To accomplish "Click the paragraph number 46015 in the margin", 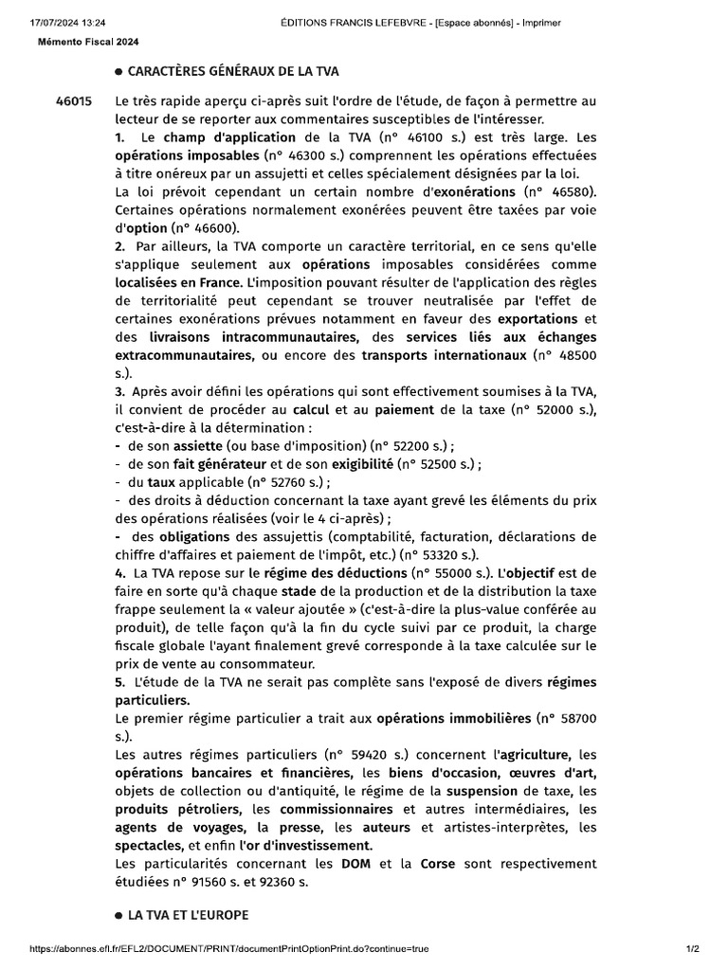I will (x=74, y=101).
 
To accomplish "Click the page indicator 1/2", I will (x=692, y=949).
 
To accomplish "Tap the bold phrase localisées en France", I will (x=177, y=282).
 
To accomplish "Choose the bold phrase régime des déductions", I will (x=328, y=573).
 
